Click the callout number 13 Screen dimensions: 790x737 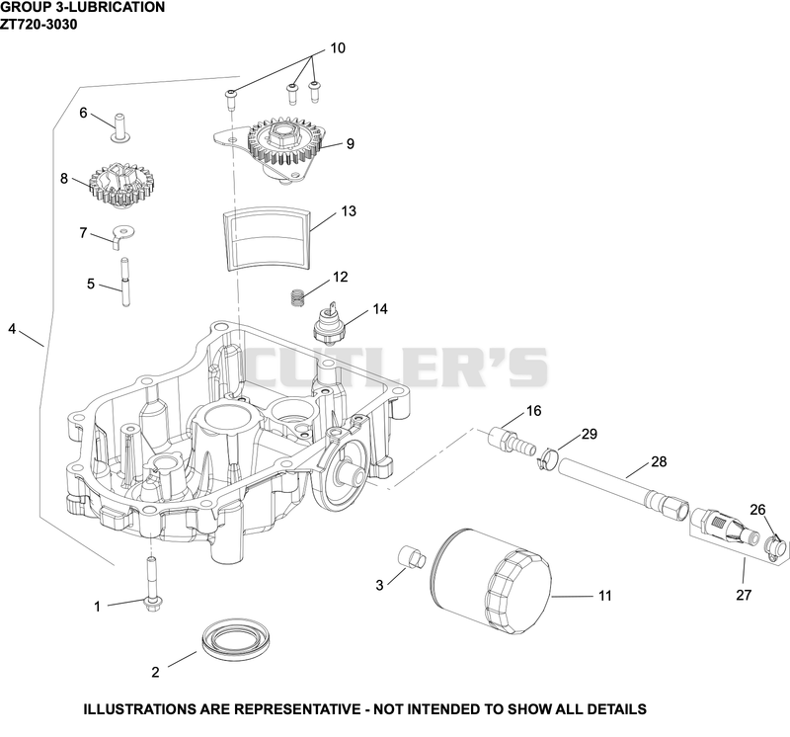349,210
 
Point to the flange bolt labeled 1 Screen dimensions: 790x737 151,585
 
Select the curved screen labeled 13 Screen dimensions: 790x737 267,237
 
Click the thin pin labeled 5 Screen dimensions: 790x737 124,282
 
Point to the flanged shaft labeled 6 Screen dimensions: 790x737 120,128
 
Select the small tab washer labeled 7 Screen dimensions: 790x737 122,234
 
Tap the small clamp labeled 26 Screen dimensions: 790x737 775,548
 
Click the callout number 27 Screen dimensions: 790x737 744,595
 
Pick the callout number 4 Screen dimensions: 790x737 12,329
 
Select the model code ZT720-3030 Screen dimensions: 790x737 39,24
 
